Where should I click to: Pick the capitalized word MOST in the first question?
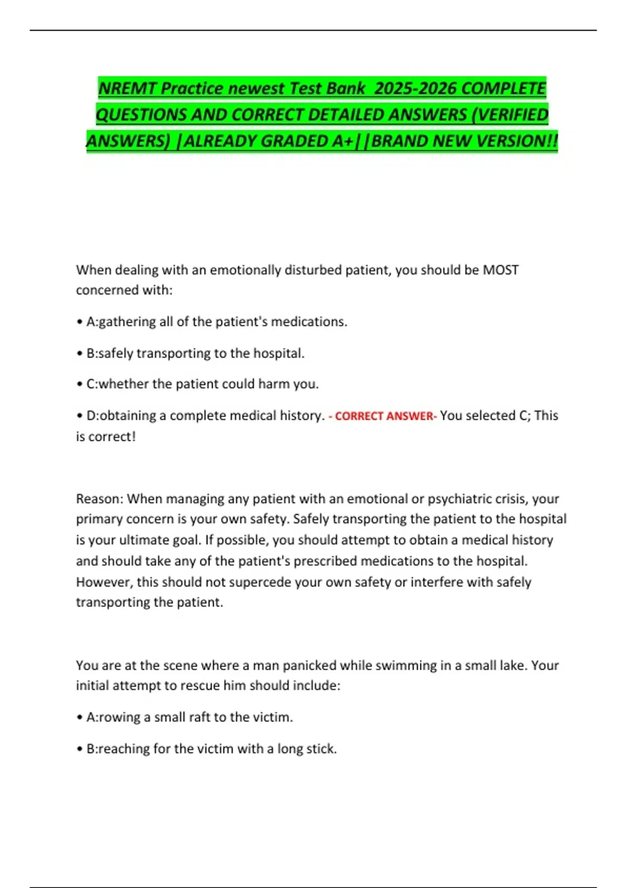[x=501, y=270]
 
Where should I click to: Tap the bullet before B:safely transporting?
[x=79, y=354]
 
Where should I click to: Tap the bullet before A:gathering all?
[x=79, y=322]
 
